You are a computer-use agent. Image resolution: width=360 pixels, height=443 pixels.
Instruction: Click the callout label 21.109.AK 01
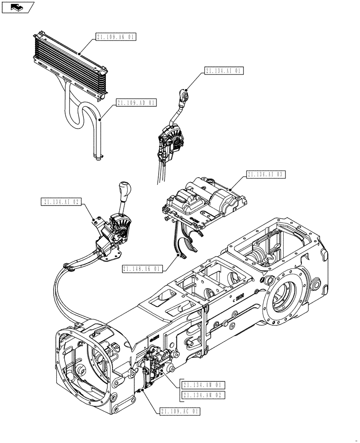click(x=115, y=37)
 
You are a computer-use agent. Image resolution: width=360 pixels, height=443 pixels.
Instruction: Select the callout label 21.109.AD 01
click(x=137, y=103)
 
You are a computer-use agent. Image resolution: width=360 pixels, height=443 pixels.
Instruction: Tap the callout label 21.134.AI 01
click(x=224, y=71)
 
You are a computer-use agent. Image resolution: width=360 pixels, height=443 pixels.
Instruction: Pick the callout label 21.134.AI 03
click(x=267, y=175)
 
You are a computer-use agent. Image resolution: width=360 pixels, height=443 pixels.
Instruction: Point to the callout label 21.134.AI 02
click(x=62, y=202)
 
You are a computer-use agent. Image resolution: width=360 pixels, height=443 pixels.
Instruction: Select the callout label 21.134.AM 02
click(x=203, y=394)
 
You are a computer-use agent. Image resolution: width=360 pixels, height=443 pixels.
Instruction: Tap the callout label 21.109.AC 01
click(x=180, y=412)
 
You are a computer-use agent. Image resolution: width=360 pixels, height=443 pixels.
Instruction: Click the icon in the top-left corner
click(x=18, y=7)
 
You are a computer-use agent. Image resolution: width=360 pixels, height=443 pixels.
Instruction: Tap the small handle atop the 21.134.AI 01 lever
click(x=184, y=94)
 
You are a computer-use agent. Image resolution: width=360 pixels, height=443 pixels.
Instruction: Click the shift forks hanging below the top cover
click(x=188, y=244)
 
